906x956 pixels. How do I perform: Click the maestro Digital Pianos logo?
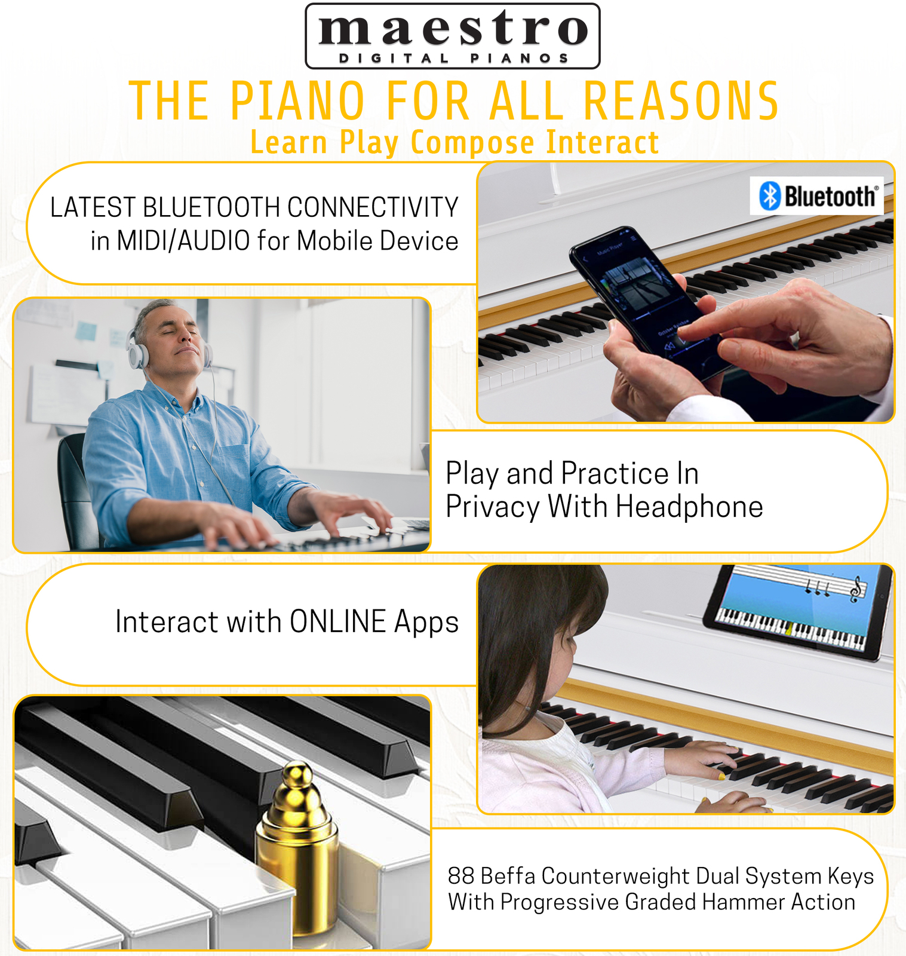point(452,36)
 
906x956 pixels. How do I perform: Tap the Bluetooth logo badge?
point(816,196)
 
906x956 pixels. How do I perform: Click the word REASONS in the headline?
point(681,101)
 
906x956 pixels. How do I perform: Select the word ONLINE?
point(338,621)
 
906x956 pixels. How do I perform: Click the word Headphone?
point(689,507)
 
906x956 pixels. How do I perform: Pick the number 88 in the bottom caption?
point(461,876)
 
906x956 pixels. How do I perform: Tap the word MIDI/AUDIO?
point(183,241)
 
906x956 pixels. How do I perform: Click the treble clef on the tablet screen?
point(856,589)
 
